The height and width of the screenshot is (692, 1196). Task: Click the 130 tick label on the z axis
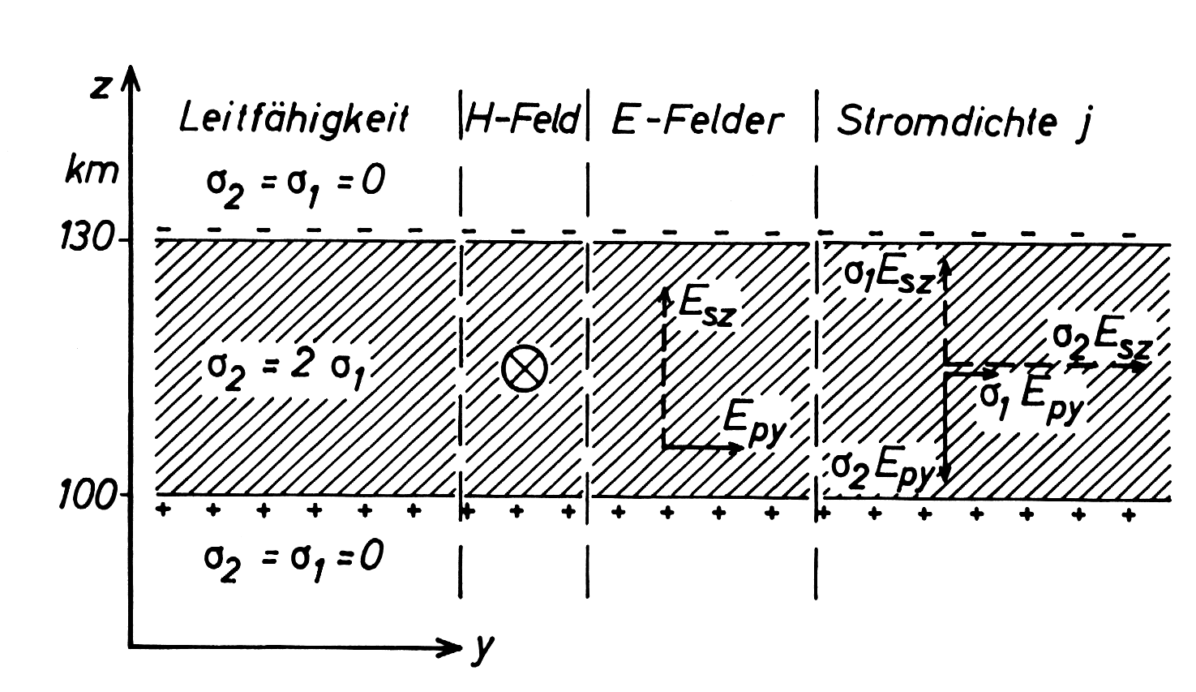point(85,239)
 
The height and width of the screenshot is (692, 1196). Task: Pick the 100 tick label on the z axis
point(87,494)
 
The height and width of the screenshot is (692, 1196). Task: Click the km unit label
point(92,171)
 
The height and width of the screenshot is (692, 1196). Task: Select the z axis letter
point(101,88)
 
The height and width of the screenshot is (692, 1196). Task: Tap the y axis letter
point(482,650)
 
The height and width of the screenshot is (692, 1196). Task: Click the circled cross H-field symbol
point(525,368)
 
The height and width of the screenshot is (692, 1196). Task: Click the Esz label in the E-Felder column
point(707,309)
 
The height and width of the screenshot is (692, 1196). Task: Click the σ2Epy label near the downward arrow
point(882,471)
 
